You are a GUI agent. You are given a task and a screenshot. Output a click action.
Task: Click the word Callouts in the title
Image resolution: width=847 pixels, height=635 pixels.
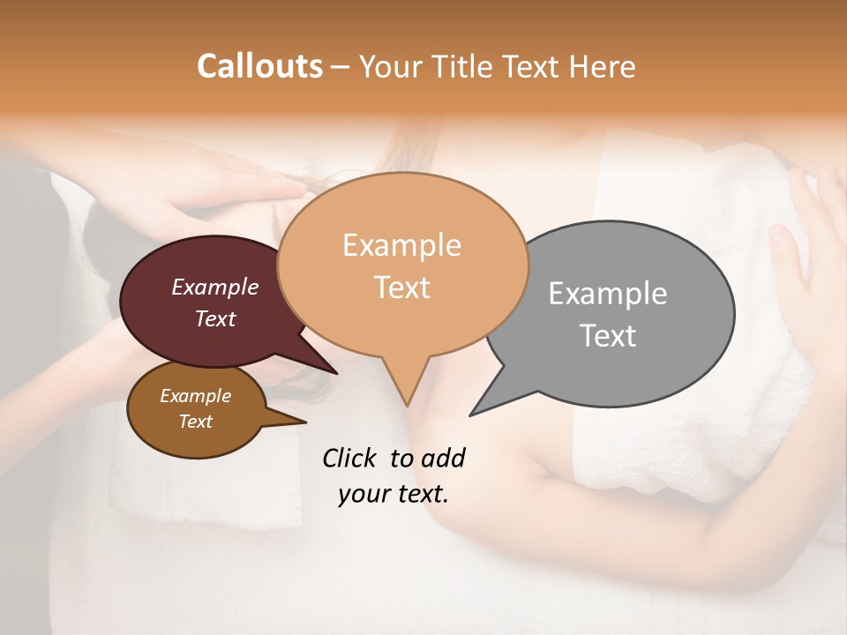[259, 66]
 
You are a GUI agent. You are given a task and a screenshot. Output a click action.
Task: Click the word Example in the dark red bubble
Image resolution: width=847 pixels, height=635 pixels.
[215, 287]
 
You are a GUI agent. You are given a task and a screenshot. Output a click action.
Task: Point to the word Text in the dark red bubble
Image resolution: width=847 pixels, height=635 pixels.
[215, 318]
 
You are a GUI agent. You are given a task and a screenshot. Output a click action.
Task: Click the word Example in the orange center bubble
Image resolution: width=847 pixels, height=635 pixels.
[401, 245]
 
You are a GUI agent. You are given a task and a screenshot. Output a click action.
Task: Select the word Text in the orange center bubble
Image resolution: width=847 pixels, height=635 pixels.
[402, 287]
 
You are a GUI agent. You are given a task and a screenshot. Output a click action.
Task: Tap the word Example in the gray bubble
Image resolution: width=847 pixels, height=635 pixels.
[608, 294]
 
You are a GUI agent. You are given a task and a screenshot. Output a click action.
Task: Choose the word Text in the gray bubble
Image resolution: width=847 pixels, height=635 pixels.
[608, 335]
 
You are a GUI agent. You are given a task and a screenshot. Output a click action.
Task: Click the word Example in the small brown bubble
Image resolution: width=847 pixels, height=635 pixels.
[196, 396]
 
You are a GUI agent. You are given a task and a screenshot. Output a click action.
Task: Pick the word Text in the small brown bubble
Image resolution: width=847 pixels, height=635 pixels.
[196, 422]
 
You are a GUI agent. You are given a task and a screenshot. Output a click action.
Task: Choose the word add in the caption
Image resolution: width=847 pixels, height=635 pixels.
[443, 458]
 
